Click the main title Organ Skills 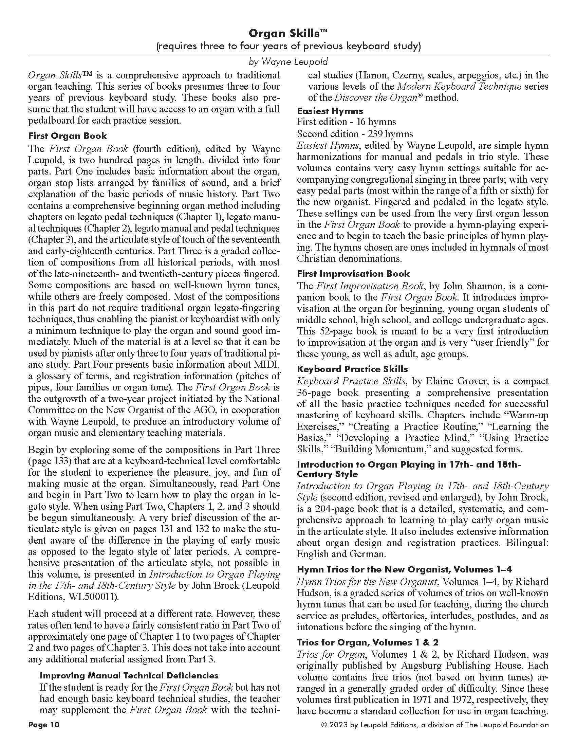point(288,33)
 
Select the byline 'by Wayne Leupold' point(288,61)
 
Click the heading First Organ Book point(67,136)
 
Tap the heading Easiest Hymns point(330,111)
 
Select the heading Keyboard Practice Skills point(352,369)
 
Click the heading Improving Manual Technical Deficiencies point(129,675)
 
